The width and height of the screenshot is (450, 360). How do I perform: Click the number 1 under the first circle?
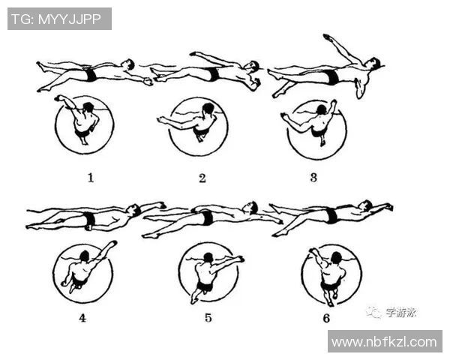coord(91,178)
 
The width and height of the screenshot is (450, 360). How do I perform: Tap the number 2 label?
coord(202,178)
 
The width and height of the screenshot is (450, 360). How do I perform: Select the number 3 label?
coord(313,178)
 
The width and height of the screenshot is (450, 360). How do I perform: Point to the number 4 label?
coord(82,318)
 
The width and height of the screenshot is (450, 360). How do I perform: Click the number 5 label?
coord(208,317)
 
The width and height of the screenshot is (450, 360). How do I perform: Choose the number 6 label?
coord(326,318)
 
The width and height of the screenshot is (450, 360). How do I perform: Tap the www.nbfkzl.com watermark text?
coord(384,342)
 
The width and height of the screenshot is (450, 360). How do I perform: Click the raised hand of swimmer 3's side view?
coord(327,37)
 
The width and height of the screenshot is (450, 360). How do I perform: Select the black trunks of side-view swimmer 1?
coord(91,75)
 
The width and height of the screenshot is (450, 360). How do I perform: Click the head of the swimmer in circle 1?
coord(88,107)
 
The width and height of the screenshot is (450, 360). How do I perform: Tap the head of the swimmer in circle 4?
coord(85,256)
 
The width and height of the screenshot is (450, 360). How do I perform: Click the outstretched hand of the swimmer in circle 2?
coord(162,120)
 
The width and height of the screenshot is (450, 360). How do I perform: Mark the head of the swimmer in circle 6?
coord(336,257)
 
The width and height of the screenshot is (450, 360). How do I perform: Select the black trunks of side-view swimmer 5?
coord(208,217)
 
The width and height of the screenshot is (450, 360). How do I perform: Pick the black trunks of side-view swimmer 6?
coord(332,215)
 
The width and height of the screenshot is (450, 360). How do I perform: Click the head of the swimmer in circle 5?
coord(208,257)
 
